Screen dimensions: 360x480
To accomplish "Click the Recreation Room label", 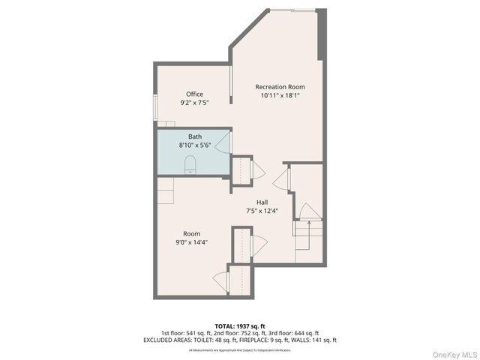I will point(280,87).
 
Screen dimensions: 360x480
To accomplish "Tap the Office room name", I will point(194,94).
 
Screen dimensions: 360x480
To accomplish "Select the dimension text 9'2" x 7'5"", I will point(194,102).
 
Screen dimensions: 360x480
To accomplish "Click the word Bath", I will point(194,136).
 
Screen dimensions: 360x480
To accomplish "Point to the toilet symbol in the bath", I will point(190,165).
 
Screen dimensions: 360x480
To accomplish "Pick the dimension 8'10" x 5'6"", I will point(194,145).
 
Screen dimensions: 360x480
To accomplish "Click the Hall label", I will point(262,202).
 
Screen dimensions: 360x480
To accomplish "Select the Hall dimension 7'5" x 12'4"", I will point(262,211).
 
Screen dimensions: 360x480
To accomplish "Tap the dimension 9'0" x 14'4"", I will point(191,242).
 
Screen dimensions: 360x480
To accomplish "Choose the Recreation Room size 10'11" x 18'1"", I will point(280,95).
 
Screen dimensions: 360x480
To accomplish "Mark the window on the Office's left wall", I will point(155,107).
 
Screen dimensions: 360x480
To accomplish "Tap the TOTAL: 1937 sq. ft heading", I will point(239,325).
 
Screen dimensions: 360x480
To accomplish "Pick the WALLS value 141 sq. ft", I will point(324,340).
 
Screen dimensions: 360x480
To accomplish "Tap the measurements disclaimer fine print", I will point(239,349).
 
